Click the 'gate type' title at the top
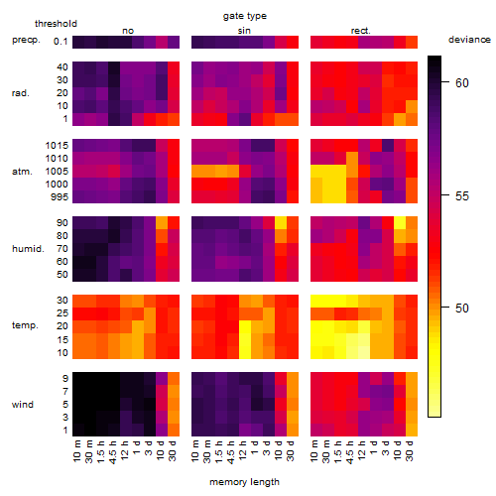pos(245,16)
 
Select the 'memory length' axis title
pos(244,482)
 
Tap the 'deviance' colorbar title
pos(469,40)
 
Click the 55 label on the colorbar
pos(462,196)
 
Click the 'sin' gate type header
pos(244,31)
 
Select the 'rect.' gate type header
pos(361,31)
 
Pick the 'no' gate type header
pos(128,31)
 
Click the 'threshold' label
pos(56,24)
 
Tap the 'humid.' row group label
pos(28,249)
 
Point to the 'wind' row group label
pos(23,405)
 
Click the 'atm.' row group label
pos(22,172)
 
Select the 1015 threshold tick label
pos(57,146)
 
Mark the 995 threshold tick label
pos(60,197)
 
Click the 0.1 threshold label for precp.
pos(61,42)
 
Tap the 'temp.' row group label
pos(25,325)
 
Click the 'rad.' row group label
pos(21,93)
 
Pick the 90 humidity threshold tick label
pos(62,223)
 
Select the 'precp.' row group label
pos(26,41)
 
